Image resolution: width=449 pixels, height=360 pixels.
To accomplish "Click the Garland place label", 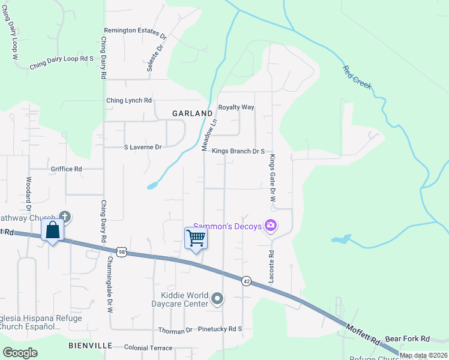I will coord(192,113).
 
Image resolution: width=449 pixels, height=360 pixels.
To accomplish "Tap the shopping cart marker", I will coord(196,238).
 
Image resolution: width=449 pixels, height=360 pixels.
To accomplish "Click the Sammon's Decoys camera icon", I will coord(271,225).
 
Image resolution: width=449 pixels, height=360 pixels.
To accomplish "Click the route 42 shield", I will coord(246,281).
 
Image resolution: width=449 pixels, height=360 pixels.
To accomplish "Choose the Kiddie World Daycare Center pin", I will coord(217,298).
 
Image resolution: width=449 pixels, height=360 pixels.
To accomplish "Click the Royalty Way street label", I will coord(236,107).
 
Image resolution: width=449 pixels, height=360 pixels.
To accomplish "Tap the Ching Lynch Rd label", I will coord(128,101).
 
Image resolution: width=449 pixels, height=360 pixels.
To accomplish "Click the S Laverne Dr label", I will coord(143,146).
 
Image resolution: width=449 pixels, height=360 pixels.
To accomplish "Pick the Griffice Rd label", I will coord(66,169).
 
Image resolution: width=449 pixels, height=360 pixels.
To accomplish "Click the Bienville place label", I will coord(91,346).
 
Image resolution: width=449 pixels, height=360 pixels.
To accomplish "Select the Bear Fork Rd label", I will coord(408,339).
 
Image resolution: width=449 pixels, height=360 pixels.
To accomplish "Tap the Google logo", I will coord(20,353).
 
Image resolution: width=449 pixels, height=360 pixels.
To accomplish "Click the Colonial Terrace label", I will coord(148,348).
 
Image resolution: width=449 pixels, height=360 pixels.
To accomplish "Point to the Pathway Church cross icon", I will coord(65,217).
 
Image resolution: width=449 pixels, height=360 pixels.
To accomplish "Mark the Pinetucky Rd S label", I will coord(219,329).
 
